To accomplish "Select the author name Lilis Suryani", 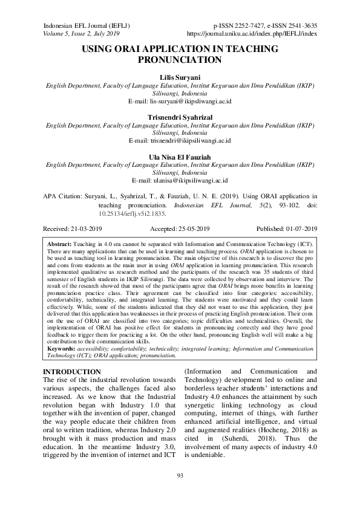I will (x=180, y=78).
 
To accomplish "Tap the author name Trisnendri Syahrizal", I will (x=180, y=117).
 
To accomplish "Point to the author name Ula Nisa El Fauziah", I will (x=180, y=155).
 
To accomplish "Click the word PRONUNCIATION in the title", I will (x=180, y=60).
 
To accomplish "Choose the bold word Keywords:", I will (x=63, y=349).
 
